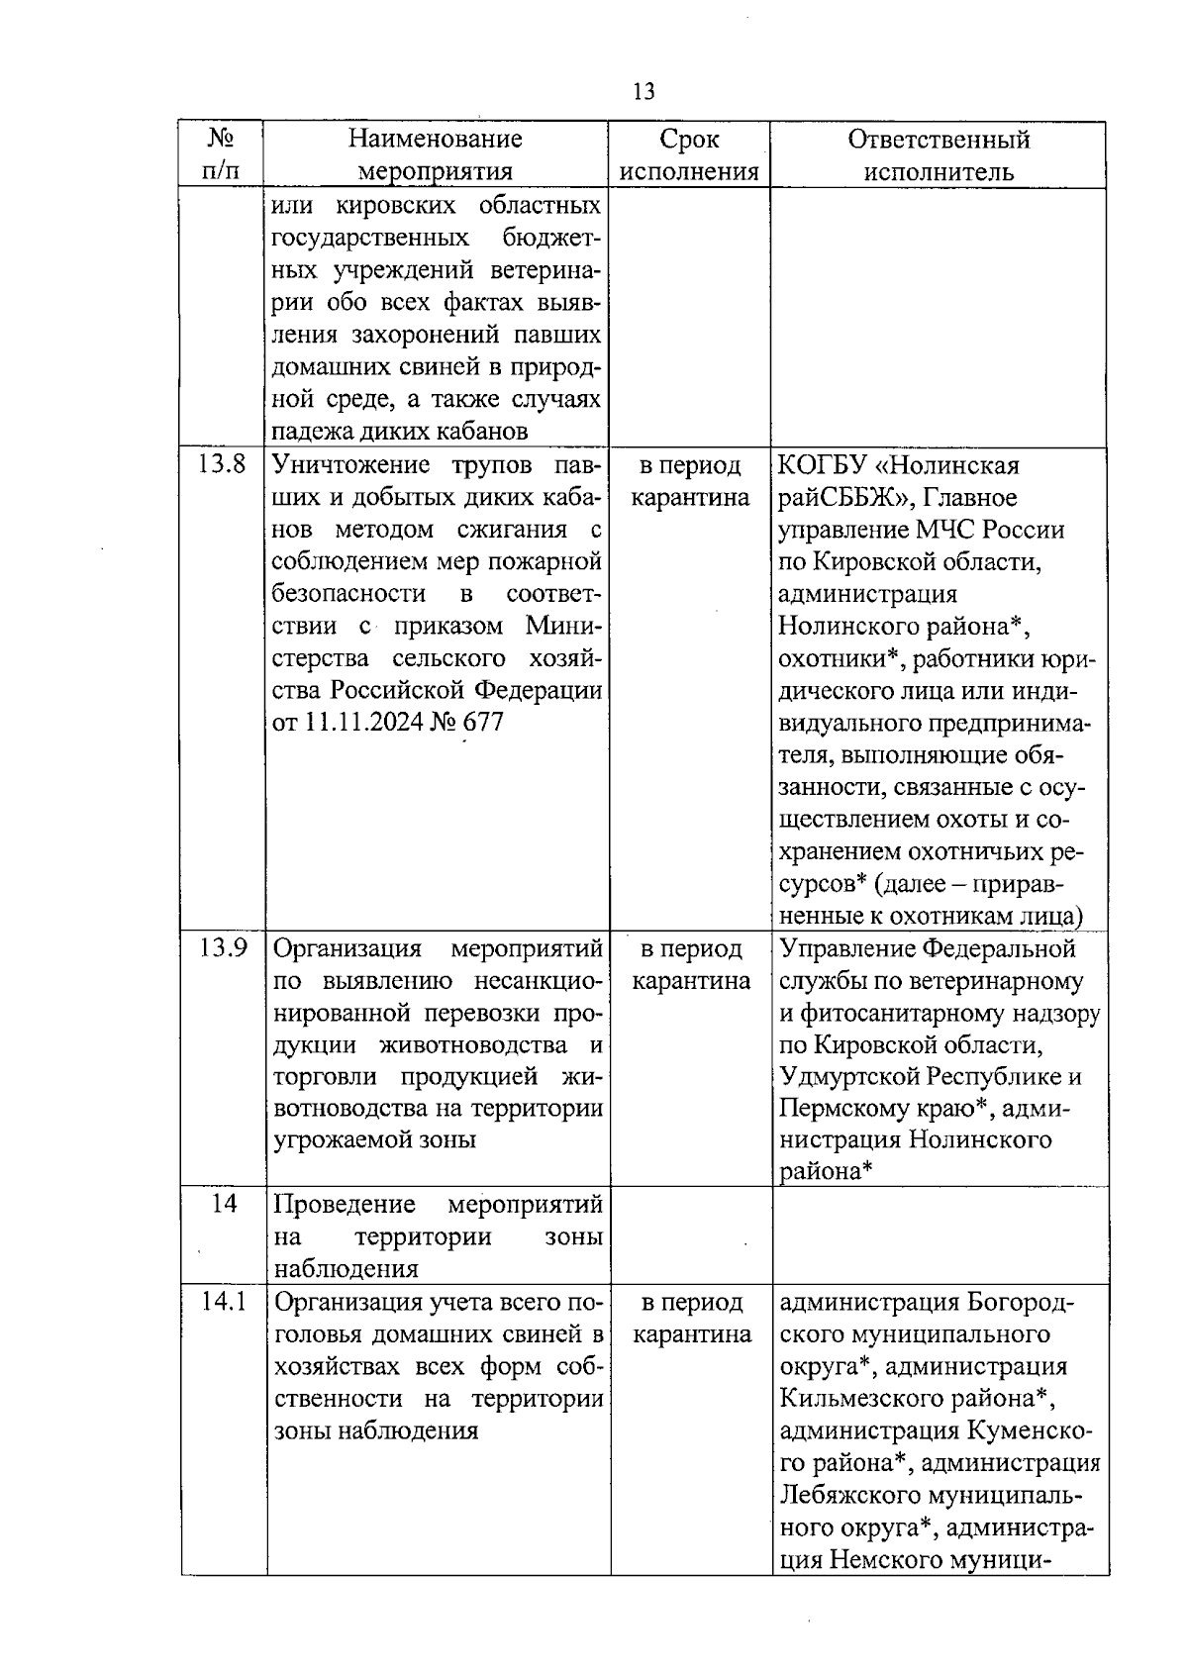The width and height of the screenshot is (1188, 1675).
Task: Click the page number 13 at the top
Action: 643,92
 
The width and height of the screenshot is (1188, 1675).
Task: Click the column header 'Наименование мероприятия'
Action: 436,154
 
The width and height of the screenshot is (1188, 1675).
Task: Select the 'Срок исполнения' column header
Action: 689,154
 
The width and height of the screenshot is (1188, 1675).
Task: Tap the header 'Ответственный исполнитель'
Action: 938,154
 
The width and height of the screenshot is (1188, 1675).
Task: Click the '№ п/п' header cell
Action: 223,154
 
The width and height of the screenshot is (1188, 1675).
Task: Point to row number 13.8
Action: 222,464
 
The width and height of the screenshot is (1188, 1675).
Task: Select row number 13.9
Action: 222,948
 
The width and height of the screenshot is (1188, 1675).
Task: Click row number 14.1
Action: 222,1302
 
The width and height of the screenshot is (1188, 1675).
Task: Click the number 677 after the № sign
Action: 482,723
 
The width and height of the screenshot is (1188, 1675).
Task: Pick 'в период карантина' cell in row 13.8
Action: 689,481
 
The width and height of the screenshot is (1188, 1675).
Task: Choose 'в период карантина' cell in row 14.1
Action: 690,1318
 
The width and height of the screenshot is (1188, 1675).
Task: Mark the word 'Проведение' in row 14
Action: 345,1205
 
